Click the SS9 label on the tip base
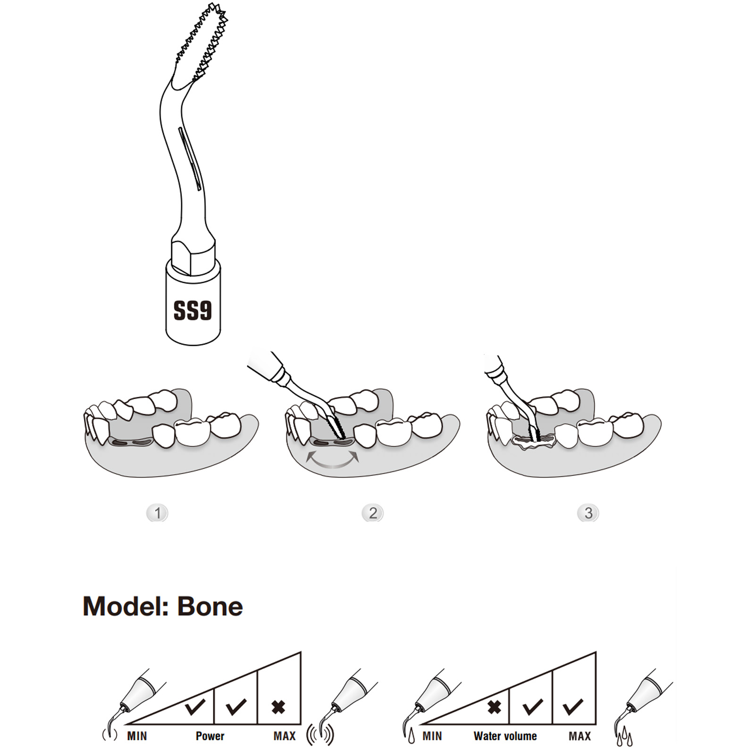pyautogui.click(x=193, y=310)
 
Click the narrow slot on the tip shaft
pyautogui.click(x=190, y=159)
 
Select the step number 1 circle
pyautogui.click(x=157, y=513)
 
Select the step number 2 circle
pyautogui.click(x=373, y=513)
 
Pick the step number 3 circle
pyautogui.click(x=588, y=513)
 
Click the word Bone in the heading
pyautogui.click(x=210, y=606)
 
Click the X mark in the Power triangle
pyautogui.click(x=278, y=707)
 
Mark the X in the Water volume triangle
pyautogui.click(x=494, y=707)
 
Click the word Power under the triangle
pyautogui.click(x=210, y=736)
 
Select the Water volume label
pyautogui.click(x=505, y=736)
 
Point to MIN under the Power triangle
pyautogui.click(x=137, y=736)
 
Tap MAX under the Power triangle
pyautogui.click(x=285, y=736)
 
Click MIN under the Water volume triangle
pyautogui.click(x=432, y=736)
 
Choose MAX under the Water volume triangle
pyautogui.click(x=580, y=736)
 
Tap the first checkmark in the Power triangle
pyautogui.click(x=195, y=706)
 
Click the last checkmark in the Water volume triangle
pyautogui.click(x=573, y=706)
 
